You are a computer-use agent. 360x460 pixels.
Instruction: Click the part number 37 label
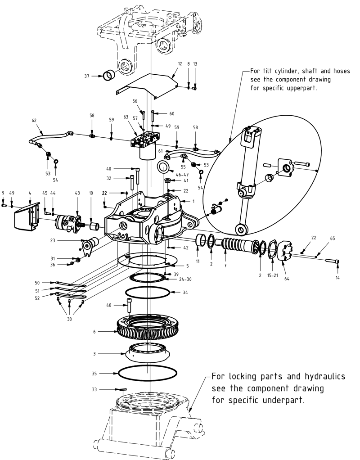(x=87, y=76)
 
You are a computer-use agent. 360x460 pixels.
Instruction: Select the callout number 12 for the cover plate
(x=180, y=64)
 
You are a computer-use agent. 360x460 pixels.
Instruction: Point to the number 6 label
(x=94, y=332)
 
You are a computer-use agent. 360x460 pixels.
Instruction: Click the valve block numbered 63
(x=145, y=144)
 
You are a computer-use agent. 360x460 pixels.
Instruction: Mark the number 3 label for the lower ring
(x=94, y=354)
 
